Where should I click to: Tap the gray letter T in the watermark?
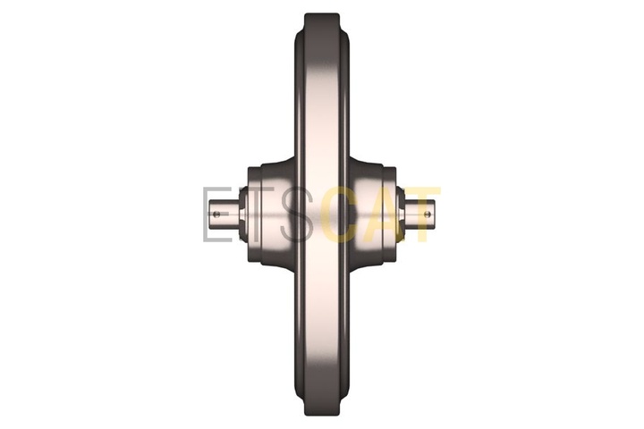coord(256,214)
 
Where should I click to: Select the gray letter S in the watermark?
coord(297,214)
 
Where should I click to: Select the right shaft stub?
coord(420,214)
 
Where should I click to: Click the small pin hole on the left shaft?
coord(216,214)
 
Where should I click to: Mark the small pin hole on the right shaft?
coord(428,214)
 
